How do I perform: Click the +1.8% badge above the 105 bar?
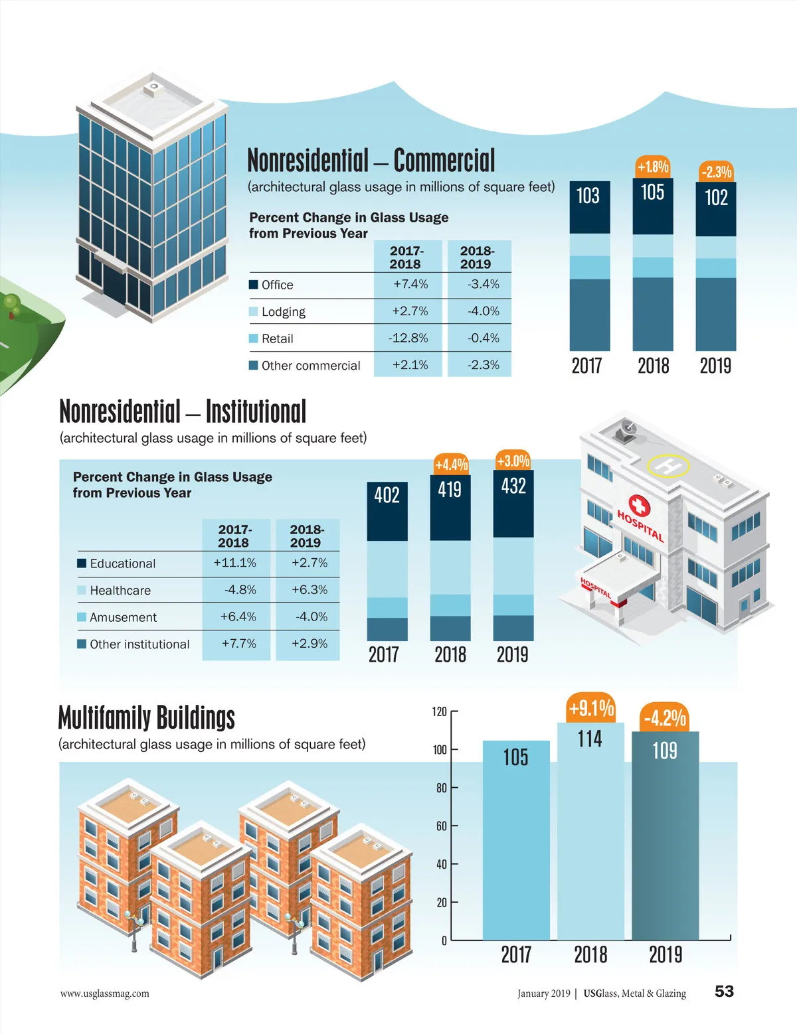click(653, 167)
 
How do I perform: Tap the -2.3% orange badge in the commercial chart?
click(716, 172)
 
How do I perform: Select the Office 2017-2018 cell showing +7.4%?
click(410, 284)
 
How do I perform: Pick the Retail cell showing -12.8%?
click(408, 338)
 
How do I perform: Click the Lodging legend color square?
click(253, 311)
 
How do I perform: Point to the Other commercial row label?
click(310, 366)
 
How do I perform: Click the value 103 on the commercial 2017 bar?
click(588, 196)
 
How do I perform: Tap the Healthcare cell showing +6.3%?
click(310, 589)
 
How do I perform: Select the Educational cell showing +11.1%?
click(234, 563)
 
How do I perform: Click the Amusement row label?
click(123, 617)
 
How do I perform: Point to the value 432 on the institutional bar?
click(513, 486)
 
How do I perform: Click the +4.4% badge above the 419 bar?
click(451, 464)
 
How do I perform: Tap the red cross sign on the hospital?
click(639, 507)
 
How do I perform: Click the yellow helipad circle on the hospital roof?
click(668, 465)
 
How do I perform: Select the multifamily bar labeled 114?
click(590, 830)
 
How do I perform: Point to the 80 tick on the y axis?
click(442, 788)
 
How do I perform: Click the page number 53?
click(724, 992)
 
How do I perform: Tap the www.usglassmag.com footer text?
click(104, 994)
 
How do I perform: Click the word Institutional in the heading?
click(256, 411)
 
